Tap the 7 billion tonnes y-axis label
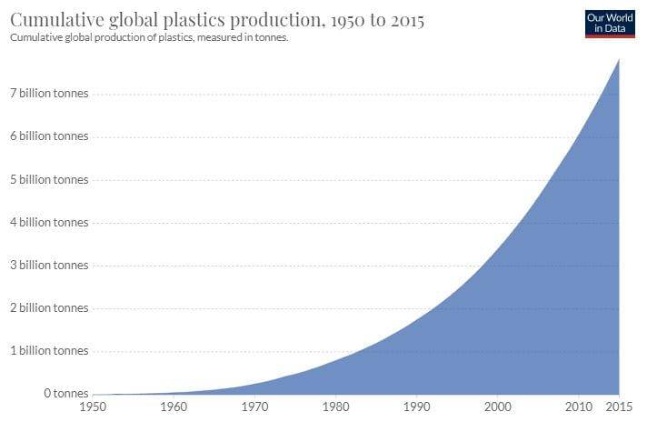click(50, 95)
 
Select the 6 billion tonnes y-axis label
click(50, 136)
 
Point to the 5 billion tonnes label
click(50, 179)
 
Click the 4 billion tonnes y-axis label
click(50, 222)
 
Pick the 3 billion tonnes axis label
click(50, 265)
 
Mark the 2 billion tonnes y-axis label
click(50, 307)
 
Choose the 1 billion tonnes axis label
click(50, 350)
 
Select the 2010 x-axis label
click(578, 406)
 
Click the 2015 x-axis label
click(618, 406)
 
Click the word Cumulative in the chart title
click(55, 19)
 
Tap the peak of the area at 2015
click(620, 59)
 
